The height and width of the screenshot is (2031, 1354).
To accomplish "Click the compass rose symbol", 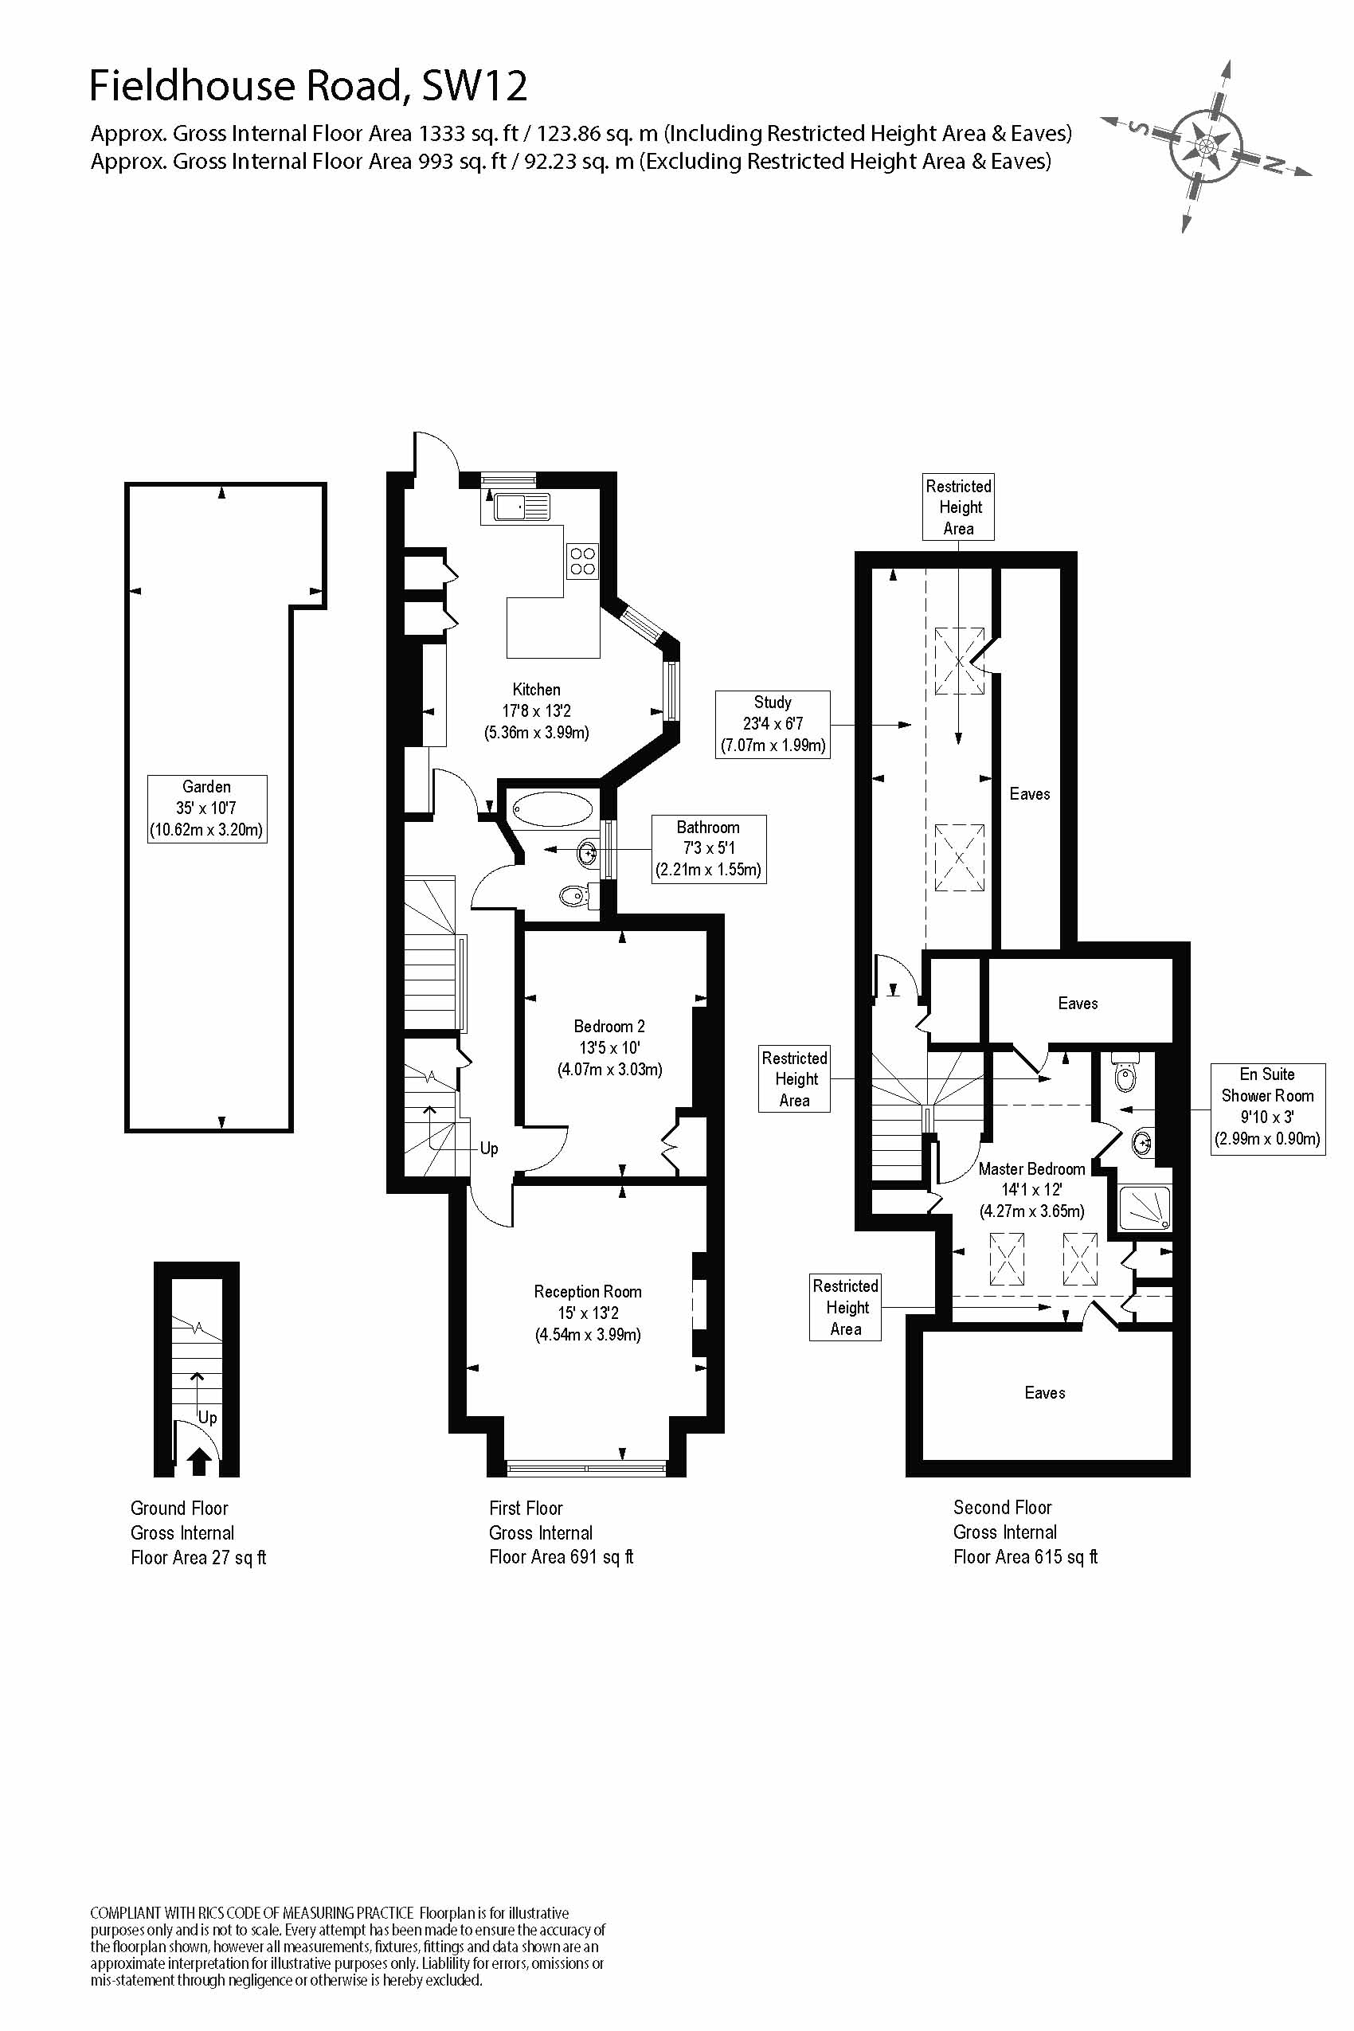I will pyautogui.click(x=1207, y=144).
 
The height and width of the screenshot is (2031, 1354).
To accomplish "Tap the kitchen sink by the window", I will pyautogui.click(x=522, y=507).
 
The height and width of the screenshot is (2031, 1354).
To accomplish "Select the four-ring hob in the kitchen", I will pyautogui.click(x=582, y=562).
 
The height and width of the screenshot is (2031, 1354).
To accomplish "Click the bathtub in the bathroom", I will pyautogui.click(x=553, y=810).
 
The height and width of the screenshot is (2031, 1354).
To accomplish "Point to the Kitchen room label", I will pyautogui.click(x=536, y=690).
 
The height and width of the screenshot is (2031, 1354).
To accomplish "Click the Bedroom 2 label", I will pyautogui.click(x=609, y=1027).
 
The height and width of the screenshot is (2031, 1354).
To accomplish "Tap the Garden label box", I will pyautogui.click(x=206, y=808).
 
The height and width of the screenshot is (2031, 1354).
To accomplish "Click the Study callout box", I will pyautogui.click(x=772, y=725).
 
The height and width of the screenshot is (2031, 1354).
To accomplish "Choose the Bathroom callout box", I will pyautogui.click(x=708, y=849).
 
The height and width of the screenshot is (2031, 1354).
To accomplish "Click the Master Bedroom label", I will pyautogui.click(x=1031, y=1169).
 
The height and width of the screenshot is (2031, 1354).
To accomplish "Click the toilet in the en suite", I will pyautogui.click(x=1125, y=1075).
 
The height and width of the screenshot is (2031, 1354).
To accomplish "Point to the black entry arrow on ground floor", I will pyautogui.click(x=199, y=1460).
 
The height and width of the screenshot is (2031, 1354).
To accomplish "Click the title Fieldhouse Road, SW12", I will pyautogui.click(x=308, y=85).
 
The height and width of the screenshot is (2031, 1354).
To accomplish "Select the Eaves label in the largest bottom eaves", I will pyautogui.click(x=1044, y=1393).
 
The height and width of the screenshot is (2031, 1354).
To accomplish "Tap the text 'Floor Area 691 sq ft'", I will pyautogui.click(x=561, y=1557).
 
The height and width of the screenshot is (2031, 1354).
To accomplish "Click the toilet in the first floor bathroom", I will pyautogui.click(x=574, y=896).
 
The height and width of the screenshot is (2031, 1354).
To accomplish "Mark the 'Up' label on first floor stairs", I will pyautogui.click(x=489, y=1149).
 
